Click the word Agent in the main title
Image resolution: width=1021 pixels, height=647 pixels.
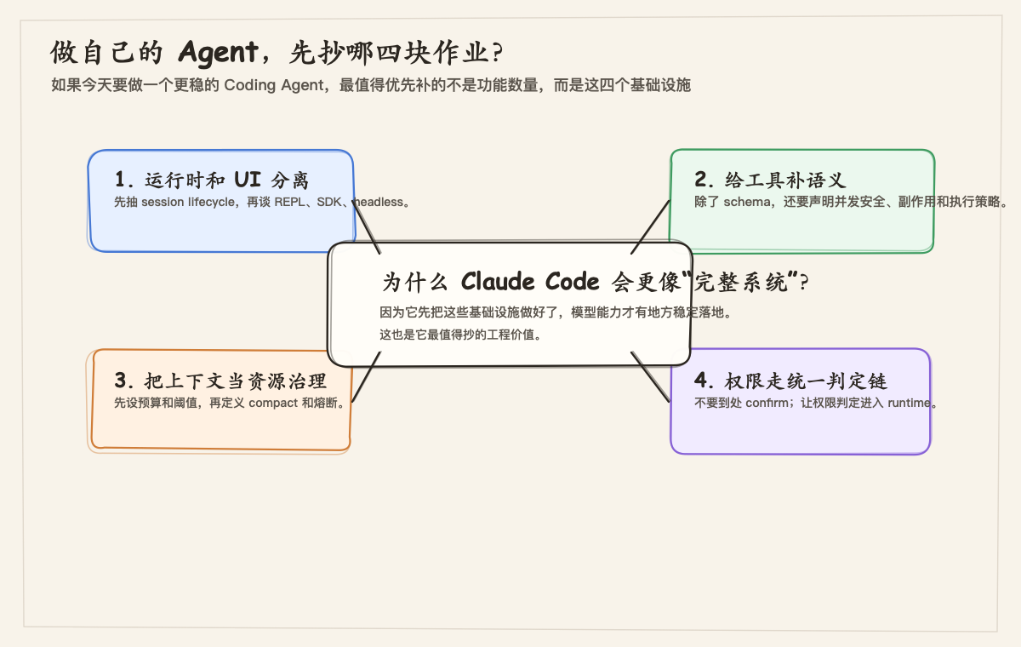pyautogui.click(x=217, y=53)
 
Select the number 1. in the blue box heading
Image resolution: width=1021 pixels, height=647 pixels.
pyautogui.click(x=125, y=180)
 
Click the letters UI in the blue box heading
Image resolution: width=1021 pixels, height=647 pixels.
pyautogui.click(x=248, y=180)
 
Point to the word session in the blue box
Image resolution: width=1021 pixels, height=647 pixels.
pyautogui.click(x=163, y=203)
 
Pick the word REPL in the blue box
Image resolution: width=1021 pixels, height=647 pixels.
pyautogui.click(x=294, y=203)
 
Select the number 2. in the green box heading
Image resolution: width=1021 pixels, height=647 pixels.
pyautogui.click(x=705, y=179)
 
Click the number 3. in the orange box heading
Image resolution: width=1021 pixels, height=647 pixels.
pyautogui.click(x=125, y=380)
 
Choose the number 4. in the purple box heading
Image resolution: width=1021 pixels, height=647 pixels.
pyautogui.click(x=705, y=380)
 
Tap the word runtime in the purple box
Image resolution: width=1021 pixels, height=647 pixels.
pyautogui.click(x=910, y=403)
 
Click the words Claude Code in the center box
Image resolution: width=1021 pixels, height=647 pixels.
pyautogui.click(x=530, y=282)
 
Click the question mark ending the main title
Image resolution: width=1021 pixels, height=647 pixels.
pyautogui.click(x=498, y=53)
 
